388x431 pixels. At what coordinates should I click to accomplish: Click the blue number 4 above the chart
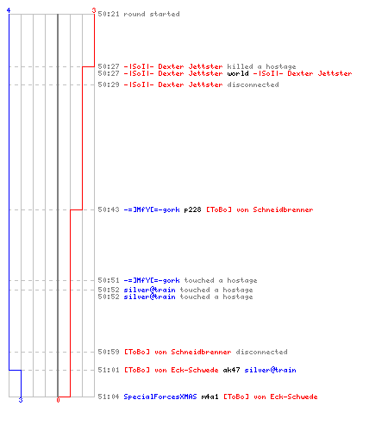click(x=9, y=10)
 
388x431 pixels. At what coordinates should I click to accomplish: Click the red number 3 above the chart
click(x=94, y=10)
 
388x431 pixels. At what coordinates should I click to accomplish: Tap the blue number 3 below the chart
click(x=21, y=400)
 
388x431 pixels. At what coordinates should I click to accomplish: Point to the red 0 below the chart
click(x=58, y=400)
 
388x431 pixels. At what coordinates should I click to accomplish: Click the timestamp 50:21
click(x=109, y=14)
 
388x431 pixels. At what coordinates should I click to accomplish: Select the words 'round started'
click(x=152, y=14)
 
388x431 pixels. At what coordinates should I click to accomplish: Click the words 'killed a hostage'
click(x=261, y=66)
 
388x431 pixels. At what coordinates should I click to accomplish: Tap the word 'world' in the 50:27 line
click(x=238, y=73)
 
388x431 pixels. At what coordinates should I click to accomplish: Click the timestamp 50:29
click(x=109, y=84)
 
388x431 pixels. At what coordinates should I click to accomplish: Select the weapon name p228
click(x=192, y=210)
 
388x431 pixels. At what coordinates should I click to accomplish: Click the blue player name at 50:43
click(x=152, y=210)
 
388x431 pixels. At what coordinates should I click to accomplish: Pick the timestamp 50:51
click(x=109, y=280)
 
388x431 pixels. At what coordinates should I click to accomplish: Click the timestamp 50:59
click(x=109, y=352)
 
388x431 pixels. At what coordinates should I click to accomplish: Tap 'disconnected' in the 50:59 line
click(x=261, y=352)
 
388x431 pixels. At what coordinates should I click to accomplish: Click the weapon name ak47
click(x=231, y=370)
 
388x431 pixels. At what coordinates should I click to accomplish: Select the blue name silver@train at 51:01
click(x=270, y=370)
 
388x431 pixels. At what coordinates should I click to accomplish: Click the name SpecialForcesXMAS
click(x=160, y=397)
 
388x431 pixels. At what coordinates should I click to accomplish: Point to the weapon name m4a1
click(x=210, y=397)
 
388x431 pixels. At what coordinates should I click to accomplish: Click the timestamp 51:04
click(x=109, y=397)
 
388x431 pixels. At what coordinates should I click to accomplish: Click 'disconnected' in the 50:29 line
click(x=253, y=84)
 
